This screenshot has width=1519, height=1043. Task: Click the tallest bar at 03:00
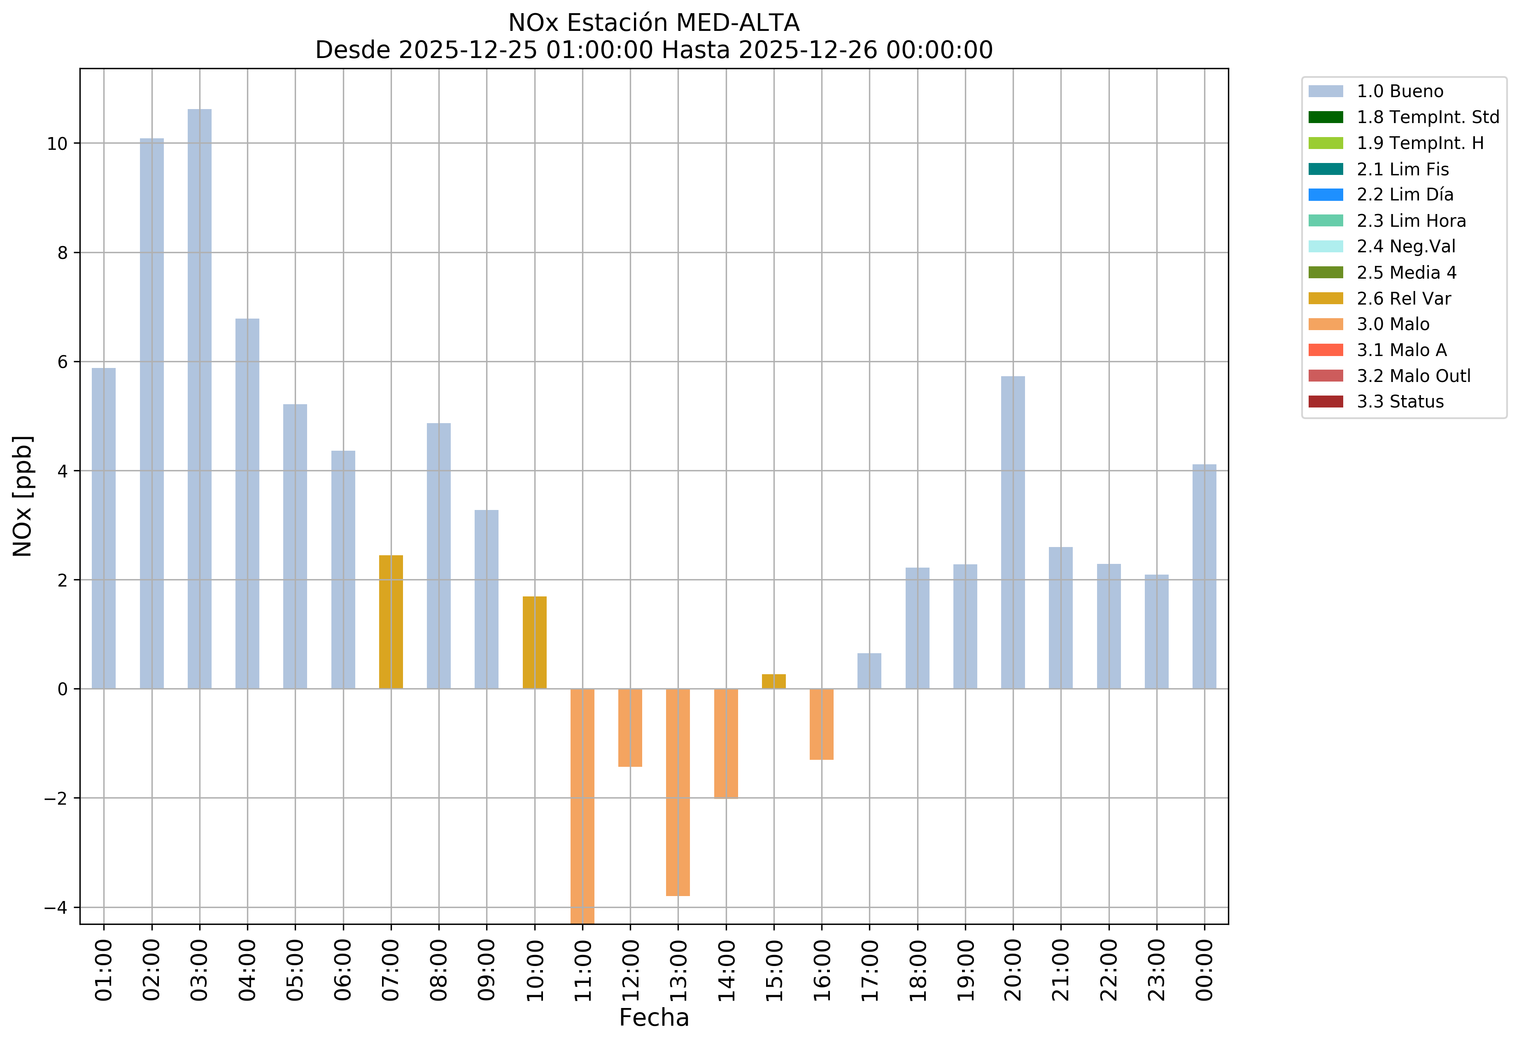pos(199,399)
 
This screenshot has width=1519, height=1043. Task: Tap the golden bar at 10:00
pos(535,643)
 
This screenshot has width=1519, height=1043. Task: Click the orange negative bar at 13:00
pos(678,792)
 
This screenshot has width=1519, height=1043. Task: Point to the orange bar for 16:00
pos(822,724)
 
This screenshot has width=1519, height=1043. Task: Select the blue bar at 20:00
pos(1013,533)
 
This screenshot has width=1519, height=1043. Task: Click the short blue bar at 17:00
pos(869,671)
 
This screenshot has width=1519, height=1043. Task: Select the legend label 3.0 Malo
pos(1393,324)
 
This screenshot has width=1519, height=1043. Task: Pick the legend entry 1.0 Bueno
pos(1399,91)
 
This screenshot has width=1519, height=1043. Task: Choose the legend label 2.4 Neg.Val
pos(1406,247)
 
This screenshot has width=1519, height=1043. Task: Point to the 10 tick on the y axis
pos(58,144)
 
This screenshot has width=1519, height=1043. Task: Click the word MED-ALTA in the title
pos(737,23)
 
